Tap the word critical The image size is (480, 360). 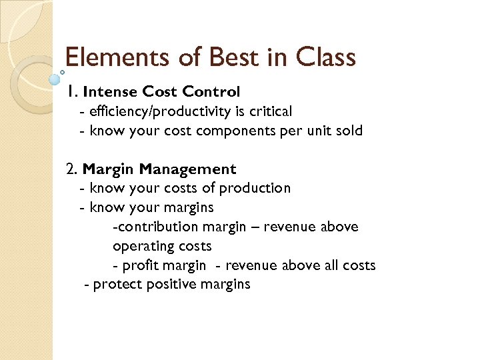click(267, 111)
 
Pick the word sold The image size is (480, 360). click(349, 131)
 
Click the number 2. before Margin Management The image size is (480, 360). click(73, 169)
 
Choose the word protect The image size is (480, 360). click(117, 285)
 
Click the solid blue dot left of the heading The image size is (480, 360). click(56, 79)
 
